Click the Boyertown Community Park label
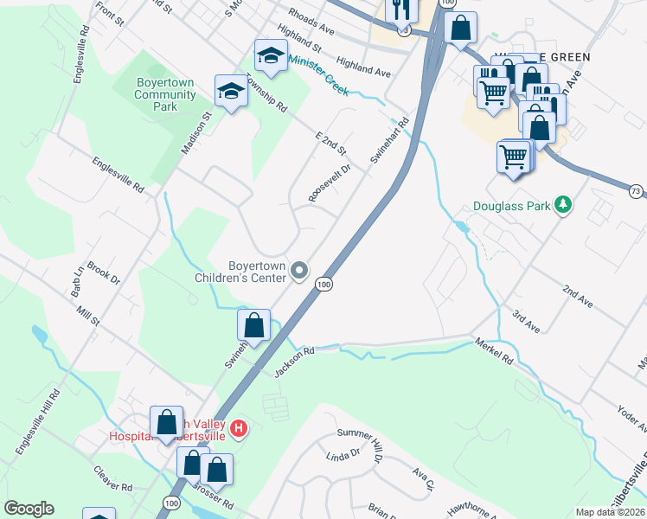(x=164, y=94)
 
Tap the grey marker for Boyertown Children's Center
(x=300, y=272)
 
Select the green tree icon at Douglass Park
(x=564, y=204)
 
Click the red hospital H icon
(x=240, y=427)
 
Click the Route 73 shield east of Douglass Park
(x=636, y=190)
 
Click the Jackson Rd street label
(x=294, y=361)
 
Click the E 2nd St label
(x=330, y=139)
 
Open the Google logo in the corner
(x=29, y=509)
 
